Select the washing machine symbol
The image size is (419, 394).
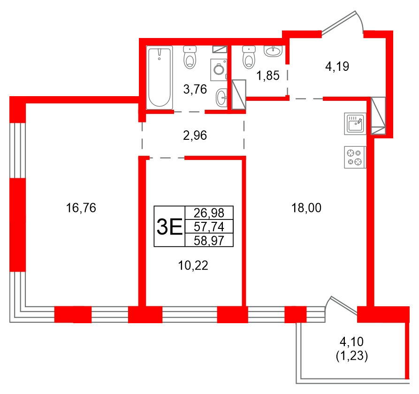coord(218,69)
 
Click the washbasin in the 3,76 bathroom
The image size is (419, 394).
coord(222,98)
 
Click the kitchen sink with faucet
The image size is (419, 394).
coord(355,123)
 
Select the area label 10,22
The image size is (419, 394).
coord(193,266)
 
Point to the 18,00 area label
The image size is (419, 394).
coord(306,208)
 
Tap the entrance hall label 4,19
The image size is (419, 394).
coord(337,67)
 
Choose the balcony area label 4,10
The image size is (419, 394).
coord(351,341)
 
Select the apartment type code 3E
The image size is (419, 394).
coord(169,227)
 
